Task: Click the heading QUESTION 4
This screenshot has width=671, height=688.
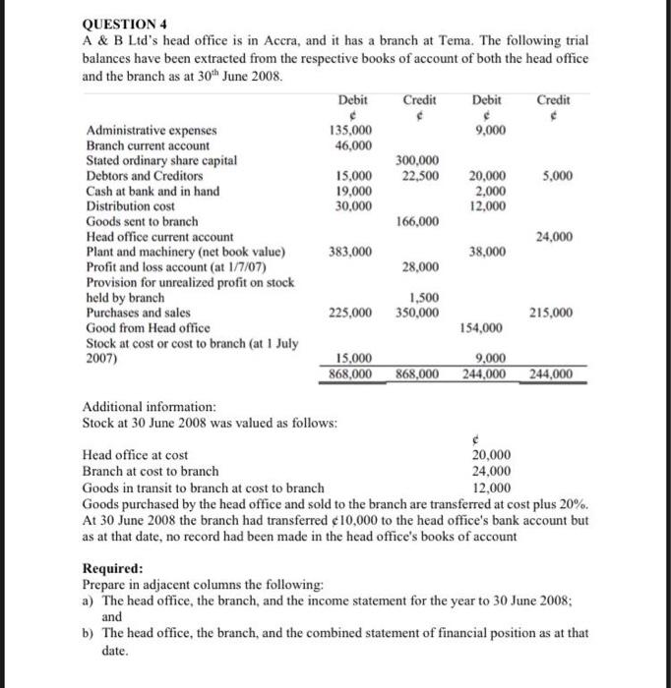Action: click(x=121, y=28)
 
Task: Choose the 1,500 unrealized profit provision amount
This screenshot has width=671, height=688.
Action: click(x=424, y=298)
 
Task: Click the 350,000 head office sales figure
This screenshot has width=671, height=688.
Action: click(x=418, y=313)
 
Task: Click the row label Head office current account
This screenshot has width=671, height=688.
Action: click(x=160, y=237)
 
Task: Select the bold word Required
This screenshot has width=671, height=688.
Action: click(x=112, y=568)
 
